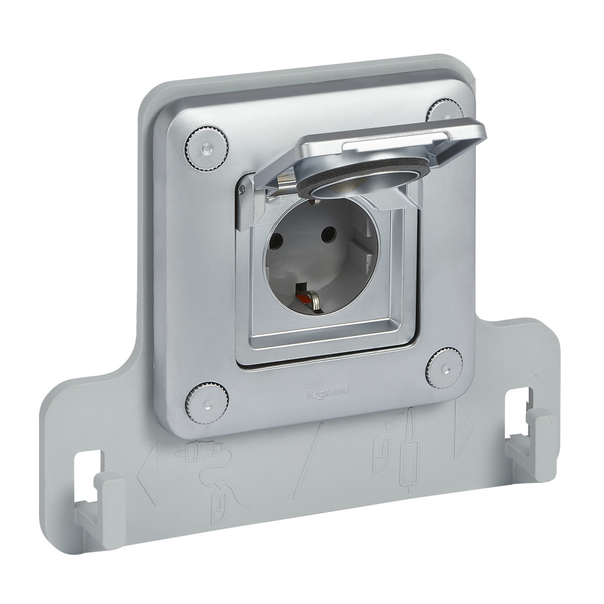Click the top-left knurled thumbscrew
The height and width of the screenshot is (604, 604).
click(x=206, y=147)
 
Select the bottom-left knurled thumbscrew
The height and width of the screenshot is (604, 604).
click(x=207, y=403)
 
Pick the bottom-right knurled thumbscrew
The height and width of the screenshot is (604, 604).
click(x=445, y=369)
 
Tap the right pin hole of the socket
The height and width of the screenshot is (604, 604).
click(x=328, y=234)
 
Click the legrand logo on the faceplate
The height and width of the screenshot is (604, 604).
click(x=328, y=392)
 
